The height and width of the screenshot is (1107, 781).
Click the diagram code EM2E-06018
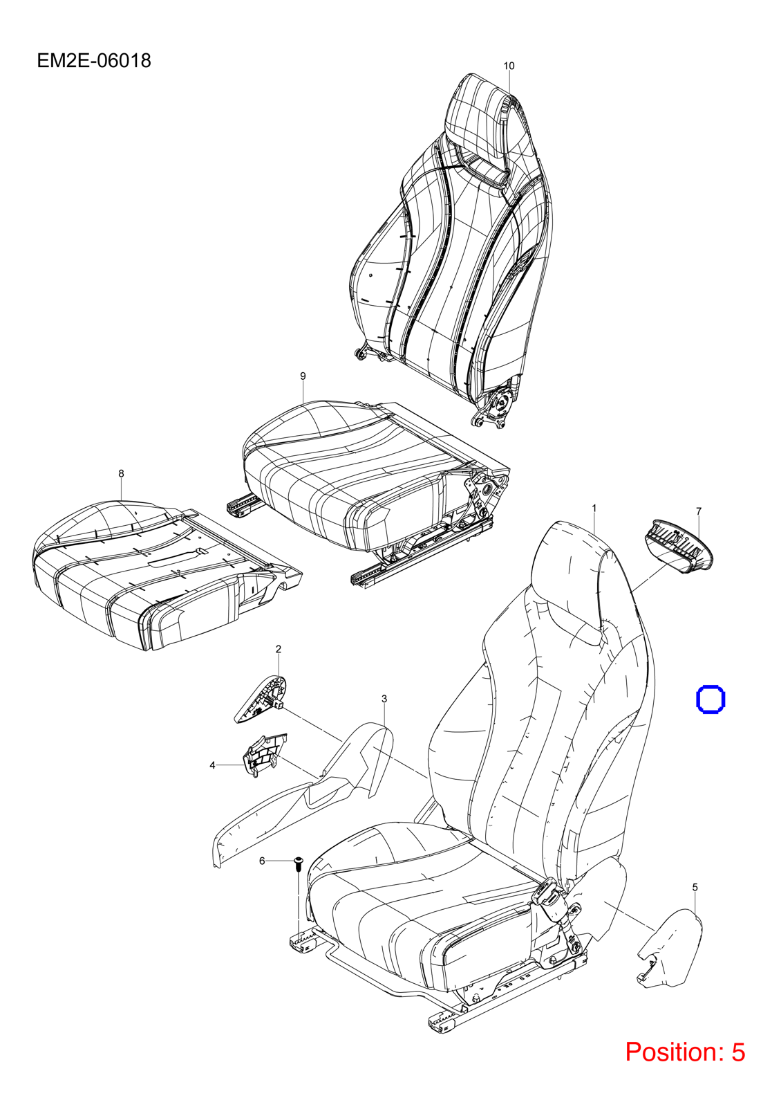94,61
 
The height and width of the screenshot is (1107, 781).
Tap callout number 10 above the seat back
509,66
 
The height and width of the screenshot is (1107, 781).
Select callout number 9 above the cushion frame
303,376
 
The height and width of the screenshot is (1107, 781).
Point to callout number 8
121,473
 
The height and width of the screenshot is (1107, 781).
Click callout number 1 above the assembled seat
594,508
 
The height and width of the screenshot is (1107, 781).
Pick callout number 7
699,511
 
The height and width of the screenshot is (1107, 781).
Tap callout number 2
278,649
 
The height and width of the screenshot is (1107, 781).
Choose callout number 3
384,699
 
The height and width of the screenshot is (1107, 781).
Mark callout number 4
212,765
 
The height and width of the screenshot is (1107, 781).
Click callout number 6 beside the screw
262,861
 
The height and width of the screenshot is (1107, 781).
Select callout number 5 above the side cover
695,888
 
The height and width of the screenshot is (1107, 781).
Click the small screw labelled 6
298,864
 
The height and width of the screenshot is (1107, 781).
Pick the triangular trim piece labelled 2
260,699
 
